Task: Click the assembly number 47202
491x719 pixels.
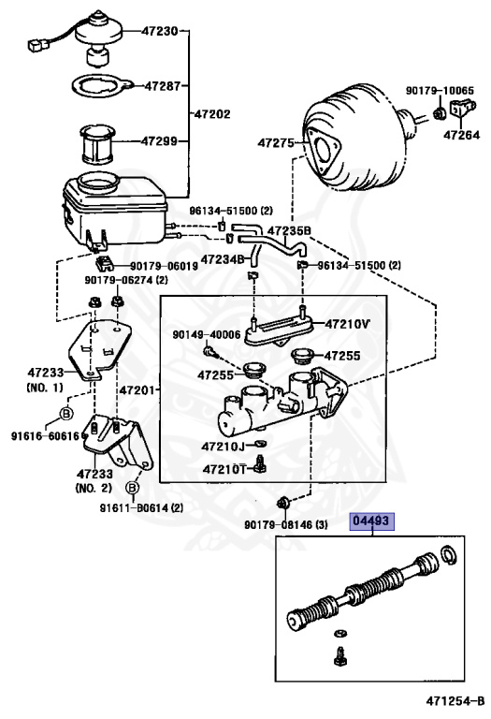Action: (212, 113)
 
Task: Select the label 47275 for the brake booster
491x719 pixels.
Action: (276, 143)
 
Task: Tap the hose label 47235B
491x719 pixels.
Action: (289, 230)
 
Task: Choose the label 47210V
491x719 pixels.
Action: (348, 324)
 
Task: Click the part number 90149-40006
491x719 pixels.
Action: (207, 334)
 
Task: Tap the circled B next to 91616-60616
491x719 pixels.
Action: (66, 413)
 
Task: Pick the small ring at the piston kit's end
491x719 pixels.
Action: (450, 560)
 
